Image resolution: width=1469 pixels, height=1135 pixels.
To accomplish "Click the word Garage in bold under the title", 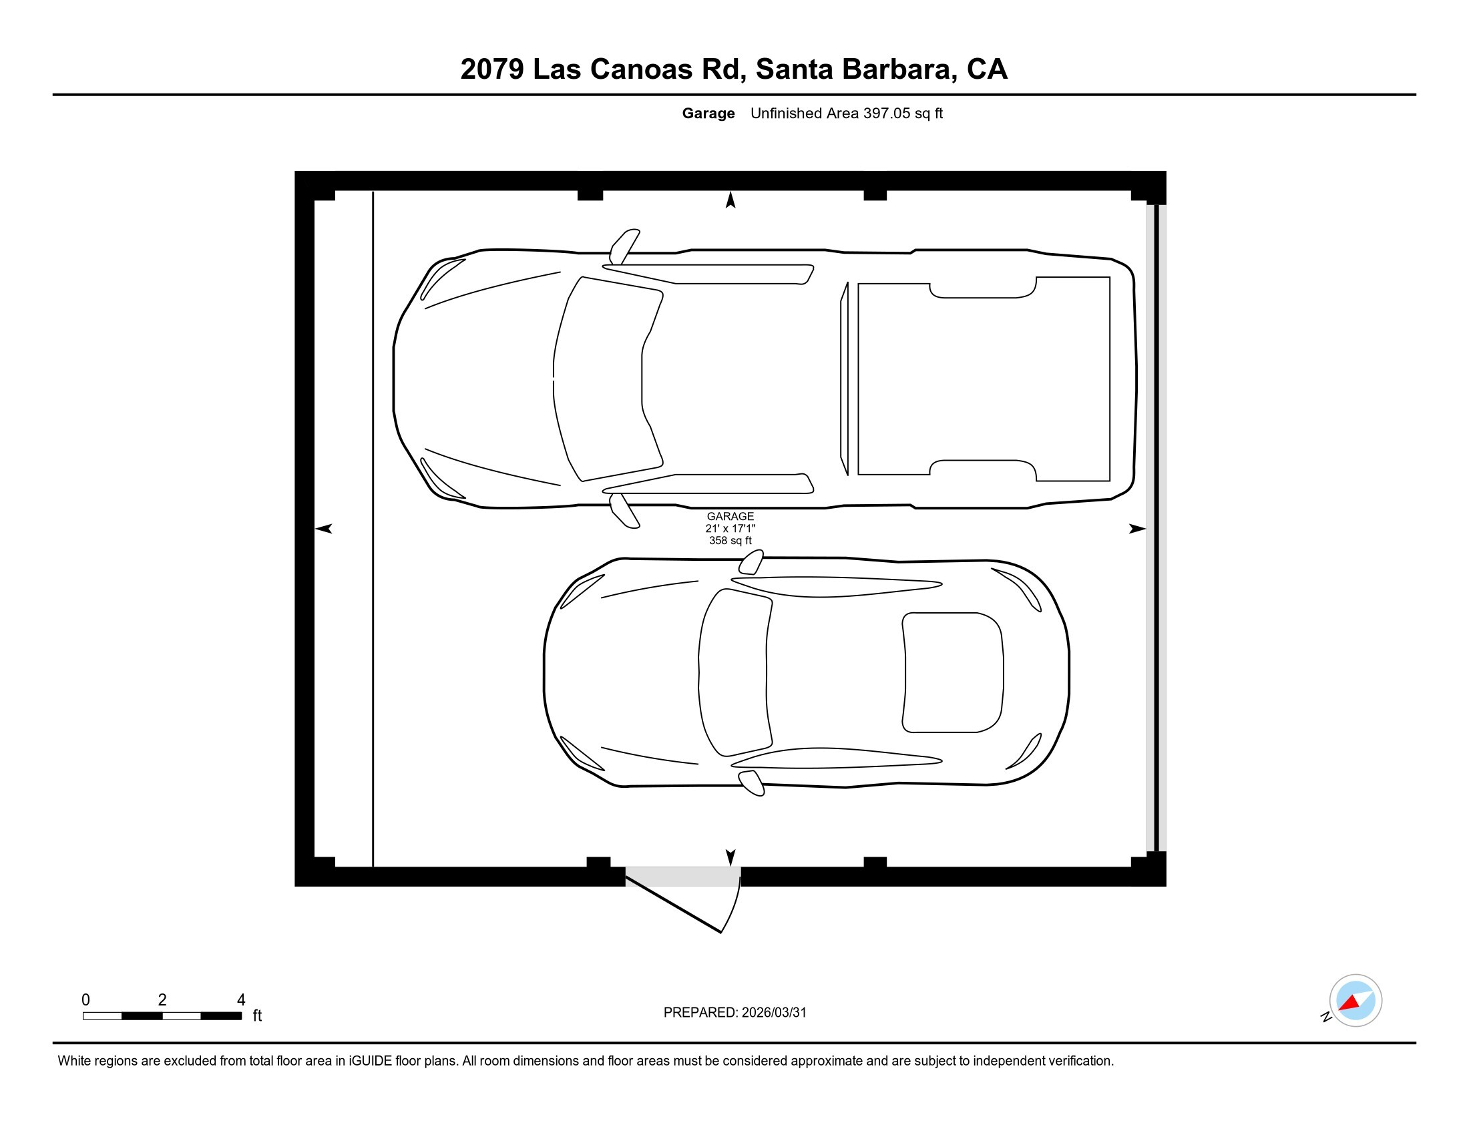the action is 708,113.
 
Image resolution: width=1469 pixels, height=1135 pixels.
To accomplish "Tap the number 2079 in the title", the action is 491,69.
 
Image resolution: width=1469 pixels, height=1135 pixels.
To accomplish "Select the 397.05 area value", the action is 886,113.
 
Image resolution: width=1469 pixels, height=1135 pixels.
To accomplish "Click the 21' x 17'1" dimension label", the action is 730,529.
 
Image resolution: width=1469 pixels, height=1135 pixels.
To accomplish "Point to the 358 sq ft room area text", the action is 730,541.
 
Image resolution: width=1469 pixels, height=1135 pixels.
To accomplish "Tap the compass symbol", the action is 1355,1001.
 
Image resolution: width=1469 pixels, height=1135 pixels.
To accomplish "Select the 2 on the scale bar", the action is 162,1000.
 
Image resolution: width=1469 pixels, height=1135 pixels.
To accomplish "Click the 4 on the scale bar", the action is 241,1000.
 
